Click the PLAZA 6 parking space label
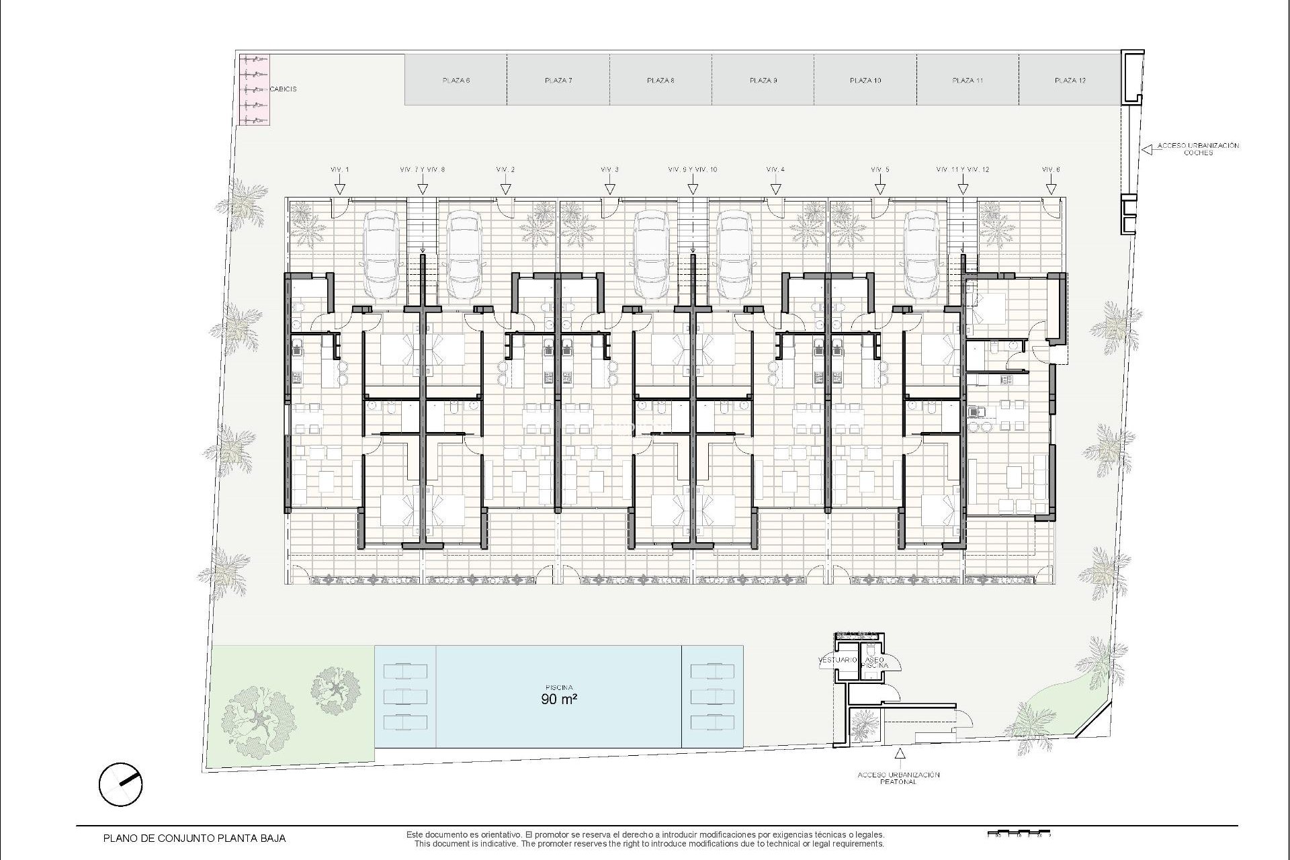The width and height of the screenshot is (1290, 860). tap(456, 81)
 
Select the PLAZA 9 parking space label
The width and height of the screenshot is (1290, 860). tap(763, 81)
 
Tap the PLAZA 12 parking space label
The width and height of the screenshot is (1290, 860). tap(1070, 81)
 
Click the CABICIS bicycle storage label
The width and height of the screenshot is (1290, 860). tap(283, 89)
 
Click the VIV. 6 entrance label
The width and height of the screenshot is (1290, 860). tap(1051, 170)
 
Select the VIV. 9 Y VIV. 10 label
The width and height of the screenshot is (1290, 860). tap(693, 170)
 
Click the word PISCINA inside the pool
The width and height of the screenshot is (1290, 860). tap(559, 687)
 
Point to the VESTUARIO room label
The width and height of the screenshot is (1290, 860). tap(837, 660)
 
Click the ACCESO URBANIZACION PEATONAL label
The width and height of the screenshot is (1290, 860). tap(898, 778)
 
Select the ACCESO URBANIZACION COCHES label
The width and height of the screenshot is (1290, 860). tap(1199, 148)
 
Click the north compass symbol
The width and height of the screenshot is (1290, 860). tap(120, 784)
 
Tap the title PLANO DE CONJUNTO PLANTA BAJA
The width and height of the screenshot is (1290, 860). tap(194, 838)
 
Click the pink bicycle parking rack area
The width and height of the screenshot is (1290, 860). tap(255, 89)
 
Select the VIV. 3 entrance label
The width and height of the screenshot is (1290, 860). tap(609, 170)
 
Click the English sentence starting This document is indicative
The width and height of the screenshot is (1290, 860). tap(649, 844)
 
